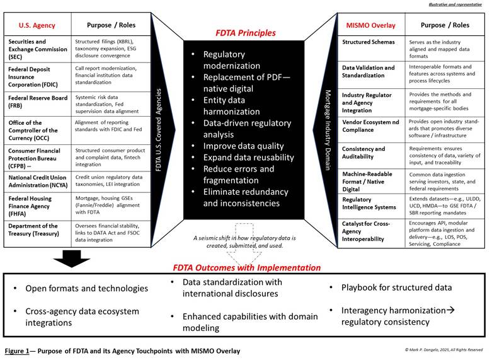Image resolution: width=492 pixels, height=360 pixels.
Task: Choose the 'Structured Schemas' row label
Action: coord(369,42)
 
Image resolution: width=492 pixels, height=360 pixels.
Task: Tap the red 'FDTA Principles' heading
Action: coord(245,33)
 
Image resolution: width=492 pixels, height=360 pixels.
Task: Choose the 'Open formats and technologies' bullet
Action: coord(86,288)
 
